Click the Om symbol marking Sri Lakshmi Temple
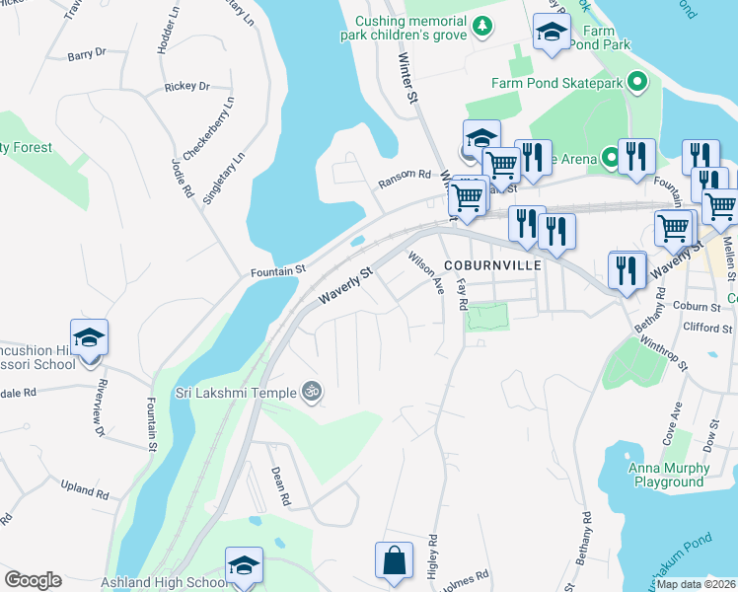(x=312, y=393)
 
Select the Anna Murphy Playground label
(x=671, y=476)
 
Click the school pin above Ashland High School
(x=244, y=565)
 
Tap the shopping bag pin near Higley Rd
(x=394, y=559)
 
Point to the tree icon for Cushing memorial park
(x=482, y=26)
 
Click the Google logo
(x=33, y=579)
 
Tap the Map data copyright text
(x=697, y=584)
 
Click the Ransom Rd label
(x=405, y=180)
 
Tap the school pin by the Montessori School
(x=89, y=338)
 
